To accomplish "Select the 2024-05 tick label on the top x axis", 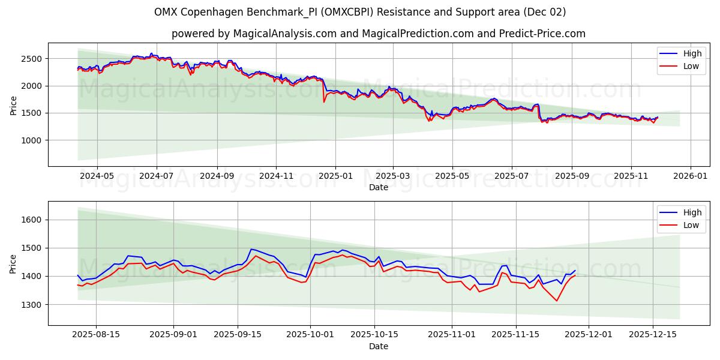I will point(97,176).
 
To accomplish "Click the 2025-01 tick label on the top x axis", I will point(335,176).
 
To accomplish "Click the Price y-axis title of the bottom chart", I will point(13,263).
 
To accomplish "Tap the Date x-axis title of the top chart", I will point(378,187).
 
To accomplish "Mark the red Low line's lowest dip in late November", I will point(557,301).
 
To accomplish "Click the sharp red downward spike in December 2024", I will point(324,101).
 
